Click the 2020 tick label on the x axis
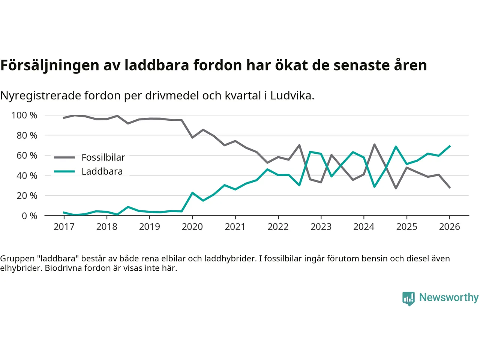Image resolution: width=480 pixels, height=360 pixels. [x=192, y=226]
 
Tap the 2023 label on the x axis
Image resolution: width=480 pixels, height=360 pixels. [x=321, y=226]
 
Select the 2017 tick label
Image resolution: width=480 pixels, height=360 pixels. [x=64, y=226]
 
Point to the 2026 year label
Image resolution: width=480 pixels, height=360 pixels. [x=450, y=226]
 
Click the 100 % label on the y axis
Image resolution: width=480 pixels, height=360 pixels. [x=24, y=115]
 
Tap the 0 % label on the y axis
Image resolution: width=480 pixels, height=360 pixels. [x=29, y=216]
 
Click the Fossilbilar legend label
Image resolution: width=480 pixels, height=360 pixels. [x=103, y=157]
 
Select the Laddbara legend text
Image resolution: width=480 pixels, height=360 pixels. [x=102, y=171]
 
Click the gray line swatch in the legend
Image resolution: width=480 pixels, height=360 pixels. [x=64, y=157]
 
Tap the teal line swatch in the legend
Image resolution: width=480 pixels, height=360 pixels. [x=64, y=171]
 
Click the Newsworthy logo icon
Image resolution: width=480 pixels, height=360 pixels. [x=408, y=298]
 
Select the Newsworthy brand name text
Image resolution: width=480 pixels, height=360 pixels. [x=449, y=297]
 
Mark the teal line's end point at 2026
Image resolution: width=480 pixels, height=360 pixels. [x=450, y=146]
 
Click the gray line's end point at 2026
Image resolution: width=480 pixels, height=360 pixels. [x=450, y=187]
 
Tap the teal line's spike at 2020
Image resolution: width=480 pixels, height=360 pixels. [x=192, y=193]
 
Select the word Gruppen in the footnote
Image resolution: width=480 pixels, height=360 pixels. [x=17, y=258]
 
